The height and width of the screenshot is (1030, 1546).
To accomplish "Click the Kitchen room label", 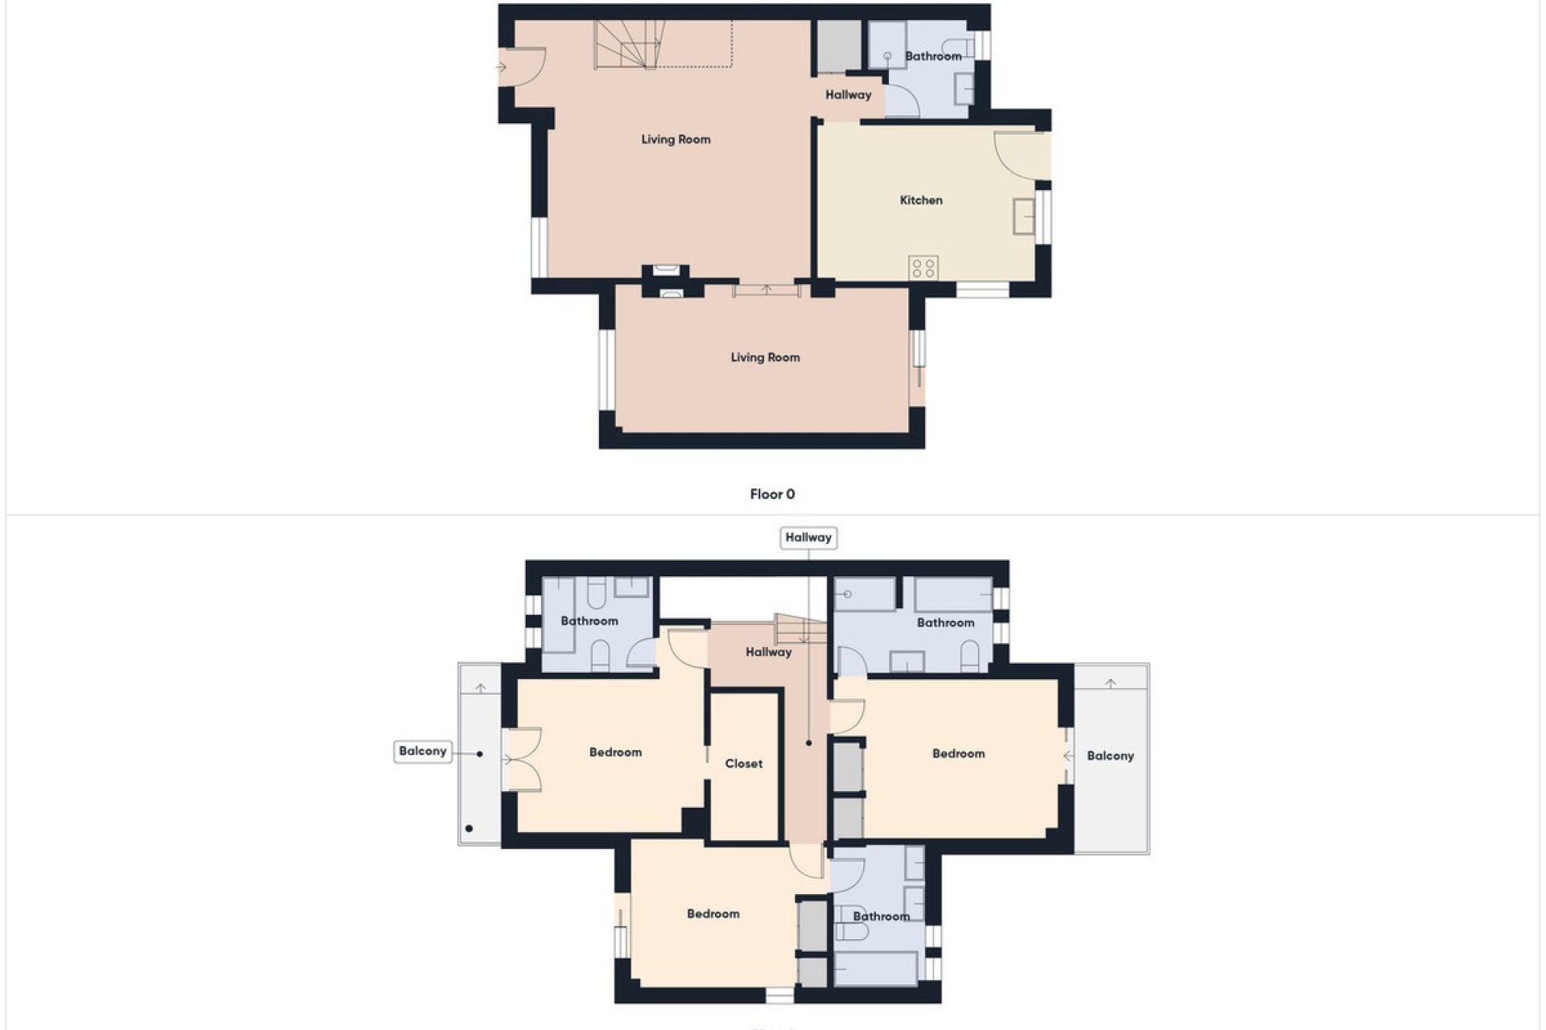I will pos(920,200).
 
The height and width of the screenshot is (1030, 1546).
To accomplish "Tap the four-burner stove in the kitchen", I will pos(924,268).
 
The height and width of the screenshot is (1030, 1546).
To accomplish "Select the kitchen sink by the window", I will pos(1023,216).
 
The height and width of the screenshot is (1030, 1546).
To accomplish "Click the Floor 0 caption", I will pos(772,494).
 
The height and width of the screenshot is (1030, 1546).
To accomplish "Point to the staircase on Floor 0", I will pos(629,45).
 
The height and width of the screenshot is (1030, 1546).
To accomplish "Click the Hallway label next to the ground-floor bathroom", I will pos(848,95).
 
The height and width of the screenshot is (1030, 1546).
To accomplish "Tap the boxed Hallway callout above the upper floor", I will pos(808,538).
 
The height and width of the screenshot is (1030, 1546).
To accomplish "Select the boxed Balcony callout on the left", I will pos(422,751).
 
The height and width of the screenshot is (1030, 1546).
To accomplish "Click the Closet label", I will pos(743,764).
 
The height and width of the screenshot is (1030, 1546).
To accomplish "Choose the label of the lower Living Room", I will pos(765,357).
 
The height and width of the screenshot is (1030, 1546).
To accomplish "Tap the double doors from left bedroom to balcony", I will pos(521,760).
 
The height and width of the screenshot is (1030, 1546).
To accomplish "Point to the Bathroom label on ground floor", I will pos(933,56).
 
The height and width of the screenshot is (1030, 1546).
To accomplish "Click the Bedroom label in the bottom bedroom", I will pos(713,914).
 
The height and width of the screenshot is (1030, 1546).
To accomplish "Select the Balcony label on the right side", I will pos(1110,756).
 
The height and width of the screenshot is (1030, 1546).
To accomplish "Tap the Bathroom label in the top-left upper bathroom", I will pos(589,621).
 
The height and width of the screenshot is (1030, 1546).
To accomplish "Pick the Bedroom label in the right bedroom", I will pos(958,754).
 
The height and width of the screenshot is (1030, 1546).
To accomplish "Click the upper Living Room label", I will pos(676,139).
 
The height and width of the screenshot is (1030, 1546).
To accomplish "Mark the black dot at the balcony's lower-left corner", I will pos(469,828).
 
